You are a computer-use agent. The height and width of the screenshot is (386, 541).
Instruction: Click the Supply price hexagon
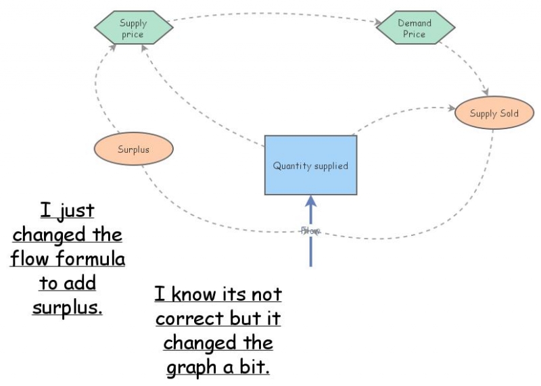pyautogui.click(x=134, y=28)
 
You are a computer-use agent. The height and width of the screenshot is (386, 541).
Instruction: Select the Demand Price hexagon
pyautogui.click(x=415, y=28)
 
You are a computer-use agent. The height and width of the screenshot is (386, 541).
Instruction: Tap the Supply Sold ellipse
pyautogui.click(x=494, y=113)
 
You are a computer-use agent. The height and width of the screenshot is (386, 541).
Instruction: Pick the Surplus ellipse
pyautogui.click(x=133, y=149)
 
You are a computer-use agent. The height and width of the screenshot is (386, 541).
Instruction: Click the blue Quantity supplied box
pyautogui.click(x=310, y=165)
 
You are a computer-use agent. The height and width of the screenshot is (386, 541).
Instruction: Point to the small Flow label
pyautogui.click(x=310, y=231)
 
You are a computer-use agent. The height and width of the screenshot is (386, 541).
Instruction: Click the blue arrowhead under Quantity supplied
pyautogui.click(x=311, y=201)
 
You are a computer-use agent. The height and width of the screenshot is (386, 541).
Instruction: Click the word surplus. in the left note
pyautogui.click(x=67, y=307)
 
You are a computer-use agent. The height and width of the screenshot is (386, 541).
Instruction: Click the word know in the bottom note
pyautogui.click(x=194, y=294)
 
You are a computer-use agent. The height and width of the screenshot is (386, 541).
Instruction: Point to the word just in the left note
pyautogui.click(x=76, y=210)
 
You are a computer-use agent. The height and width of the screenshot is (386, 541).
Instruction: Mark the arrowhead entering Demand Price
pyautogui.click(x=379, y=22)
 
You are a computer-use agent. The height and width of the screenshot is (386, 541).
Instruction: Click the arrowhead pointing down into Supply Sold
pyautogui.click(x=486, y=92)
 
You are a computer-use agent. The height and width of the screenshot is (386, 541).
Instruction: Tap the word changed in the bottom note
pyautogui.click(x=199, y=343)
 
